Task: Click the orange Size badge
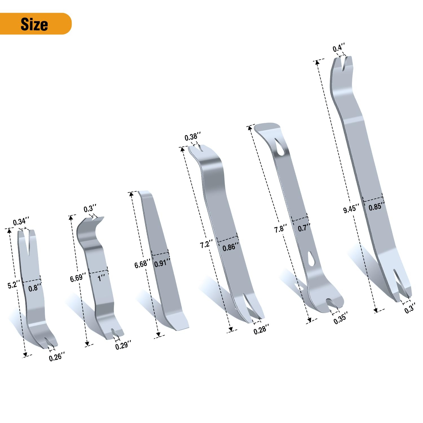36,24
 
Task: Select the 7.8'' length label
281,228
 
